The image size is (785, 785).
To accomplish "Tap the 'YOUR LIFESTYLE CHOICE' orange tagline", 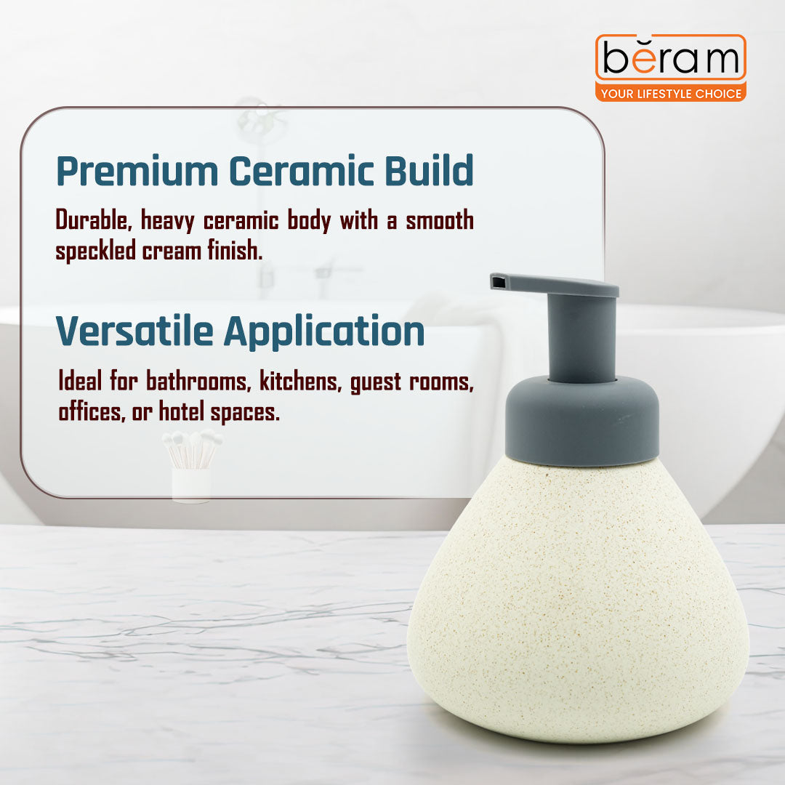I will [x=670, y=93].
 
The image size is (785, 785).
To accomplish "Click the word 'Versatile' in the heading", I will [x=134, y=331].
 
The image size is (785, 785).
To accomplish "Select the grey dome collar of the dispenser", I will [x=581, y=422].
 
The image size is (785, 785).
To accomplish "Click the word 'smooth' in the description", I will [x=439, y=220].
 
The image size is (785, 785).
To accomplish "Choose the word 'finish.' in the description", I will [x=234, y=251].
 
